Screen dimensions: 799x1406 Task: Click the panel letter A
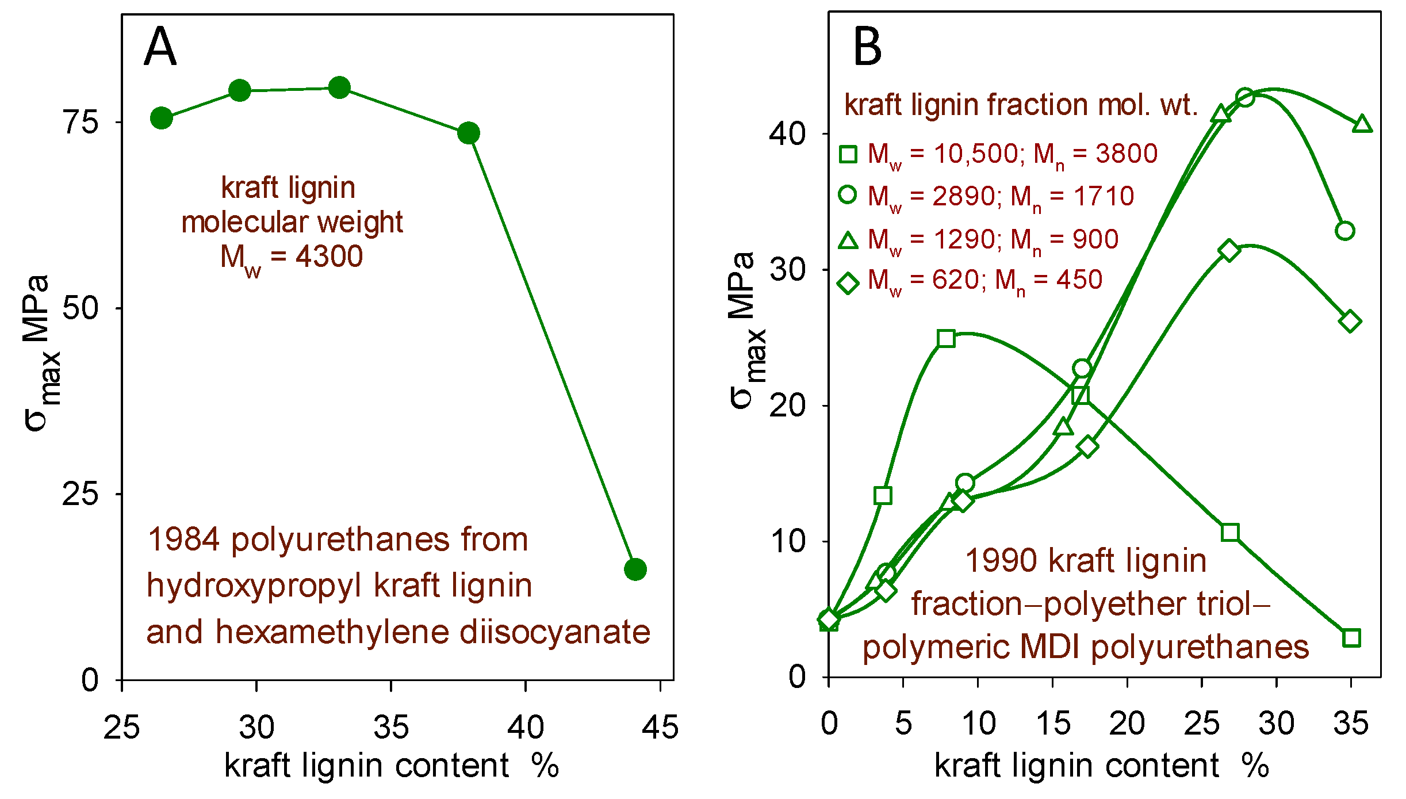coord(160,47)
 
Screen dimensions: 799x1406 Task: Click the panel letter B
coord(867,47)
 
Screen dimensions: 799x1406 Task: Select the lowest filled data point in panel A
coord(635,569)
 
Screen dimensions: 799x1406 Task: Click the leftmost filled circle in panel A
coord(162,118)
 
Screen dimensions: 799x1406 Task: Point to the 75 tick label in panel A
coord(81,122)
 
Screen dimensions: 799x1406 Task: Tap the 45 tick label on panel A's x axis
coord(660,727)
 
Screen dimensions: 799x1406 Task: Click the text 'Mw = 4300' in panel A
coord(292,257)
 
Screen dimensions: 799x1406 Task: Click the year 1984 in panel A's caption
coord(183,540)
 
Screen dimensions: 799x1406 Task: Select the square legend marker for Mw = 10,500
coord(848,154)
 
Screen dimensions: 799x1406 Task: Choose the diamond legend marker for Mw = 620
coord(848,283)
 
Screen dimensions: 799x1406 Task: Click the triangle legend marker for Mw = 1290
coord(848,239)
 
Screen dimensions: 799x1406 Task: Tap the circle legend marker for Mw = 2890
coord(848,194)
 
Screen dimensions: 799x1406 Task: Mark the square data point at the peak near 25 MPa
coord(946,339)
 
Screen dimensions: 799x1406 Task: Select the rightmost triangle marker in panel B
coord(1362,124)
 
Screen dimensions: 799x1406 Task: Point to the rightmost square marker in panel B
coord(1351,638)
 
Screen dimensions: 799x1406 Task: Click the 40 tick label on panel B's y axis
coord(788,134)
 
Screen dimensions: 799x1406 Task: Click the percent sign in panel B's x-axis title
coord(1255,766)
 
